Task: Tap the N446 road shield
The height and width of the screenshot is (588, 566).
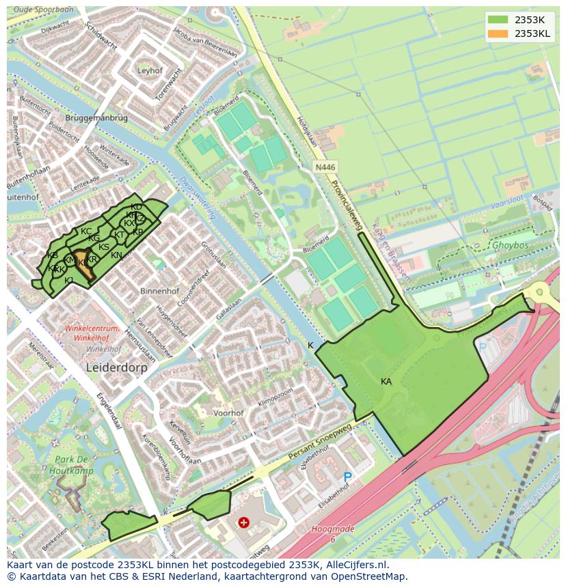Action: [x=325, y=167]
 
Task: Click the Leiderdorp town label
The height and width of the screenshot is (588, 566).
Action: [x=117, y=367]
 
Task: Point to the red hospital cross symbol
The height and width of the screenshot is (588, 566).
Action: [x=243, y=522]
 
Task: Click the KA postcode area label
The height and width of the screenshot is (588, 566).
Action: [x=386, y=382]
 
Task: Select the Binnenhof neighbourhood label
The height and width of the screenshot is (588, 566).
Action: [x=159, y=291]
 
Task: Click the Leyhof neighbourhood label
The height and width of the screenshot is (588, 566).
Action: [x=150, y=70]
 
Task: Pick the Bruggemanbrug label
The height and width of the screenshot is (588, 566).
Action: [x=96, y=117]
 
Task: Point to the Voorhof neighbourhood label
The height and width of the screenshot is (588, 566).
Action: [x=228, y=413]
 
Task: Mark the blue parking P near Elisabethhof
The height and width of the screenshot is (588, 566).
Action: [x=347, y=477]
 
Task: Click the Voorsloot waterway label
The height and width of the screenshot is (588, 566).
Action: [x=508, y=204]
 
